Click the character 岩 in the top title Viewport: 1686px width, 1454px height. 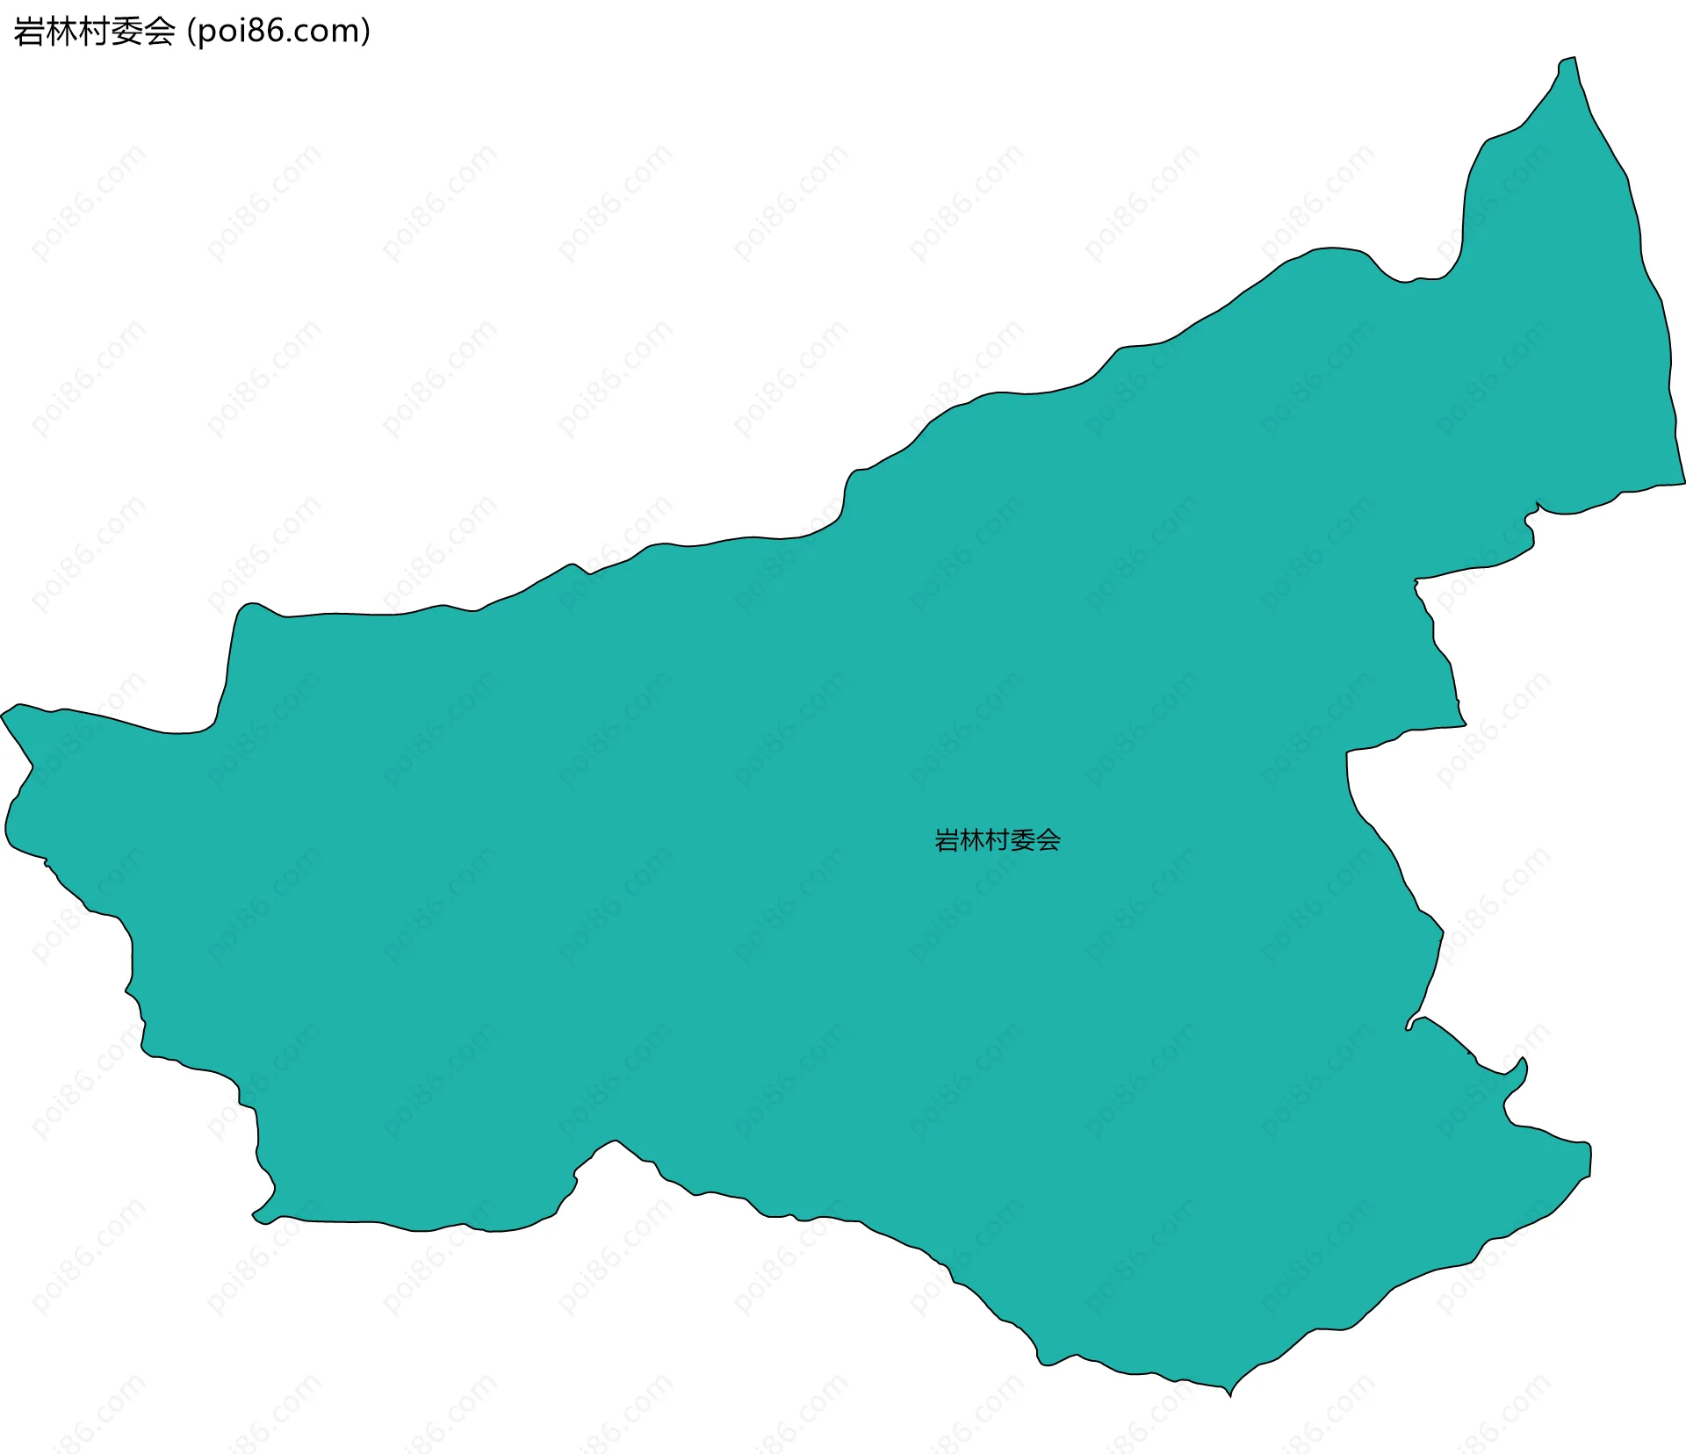(29, 32)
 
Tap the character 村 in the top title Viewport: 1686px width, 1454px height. (94, 32)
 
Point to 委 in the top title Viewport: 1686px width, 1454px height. (126, 32)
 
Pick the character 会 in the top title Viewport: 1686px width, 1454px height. (159, 32)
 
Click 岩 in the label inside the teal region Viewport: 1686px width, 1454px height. (947, 841)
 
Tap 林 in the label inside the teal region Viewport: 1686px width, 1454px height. (972, 841)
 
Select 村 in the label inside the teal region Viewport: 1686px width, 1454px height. (998, 841)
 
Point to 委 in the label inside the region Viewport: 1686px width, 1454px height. (1023, 841)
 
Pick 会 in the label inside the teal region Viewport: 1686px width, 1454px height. (1048, 841)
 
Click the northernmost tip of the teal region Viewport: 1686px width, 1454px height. (1574, 59)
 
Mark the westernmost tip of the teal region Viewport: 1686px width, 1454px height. (2, 715)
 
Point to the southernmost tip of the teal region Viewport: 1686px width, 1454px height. (1230, 1395)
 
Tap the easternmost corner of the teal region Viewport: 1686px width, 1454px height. (1683, 482)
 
